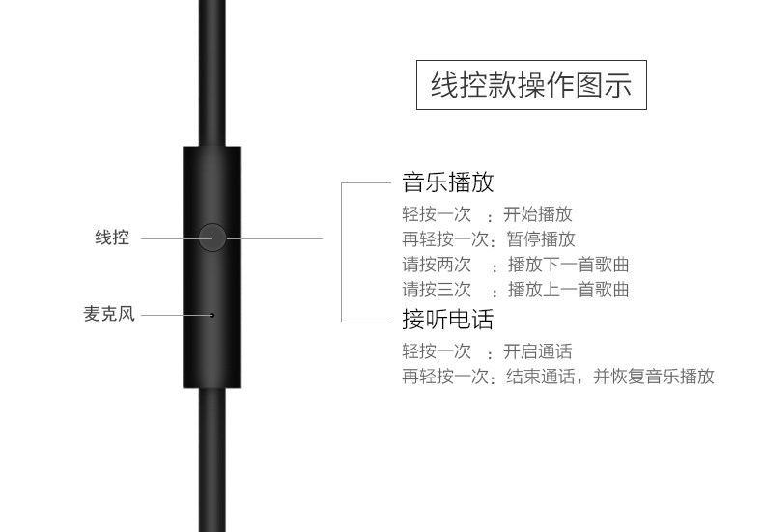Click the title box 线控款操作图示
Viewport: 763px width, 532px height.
[x=530, y=85]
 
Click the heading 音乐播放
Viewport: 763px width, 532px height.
[x=447, y=182]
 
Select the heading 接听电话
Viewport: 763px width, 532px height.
[x=447, y=320]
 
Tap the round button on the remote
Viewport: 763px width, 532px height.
[x=212, y=238]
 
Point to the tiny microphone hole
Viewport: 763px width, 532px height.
[x=212, y=314]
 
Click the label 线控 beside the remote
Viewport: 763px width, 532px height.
[x=112, y=238]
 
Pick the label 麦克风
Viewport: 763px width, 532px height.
[x=109, y=314]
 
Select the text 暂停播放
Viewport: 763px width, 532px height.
[x=541, y=239]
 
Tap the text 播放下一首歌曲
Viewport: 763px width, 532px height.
[x=569, y=265]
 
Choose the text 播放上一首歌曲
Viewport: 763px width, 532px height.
[x=569, y=289]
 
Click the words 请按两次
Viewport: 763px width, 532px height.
[x=437, y=265]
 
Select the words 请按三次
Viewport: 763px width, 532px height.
[x=437, y=289]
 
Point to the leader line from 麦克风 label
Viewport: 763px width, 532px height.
[x=174, y=314]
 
